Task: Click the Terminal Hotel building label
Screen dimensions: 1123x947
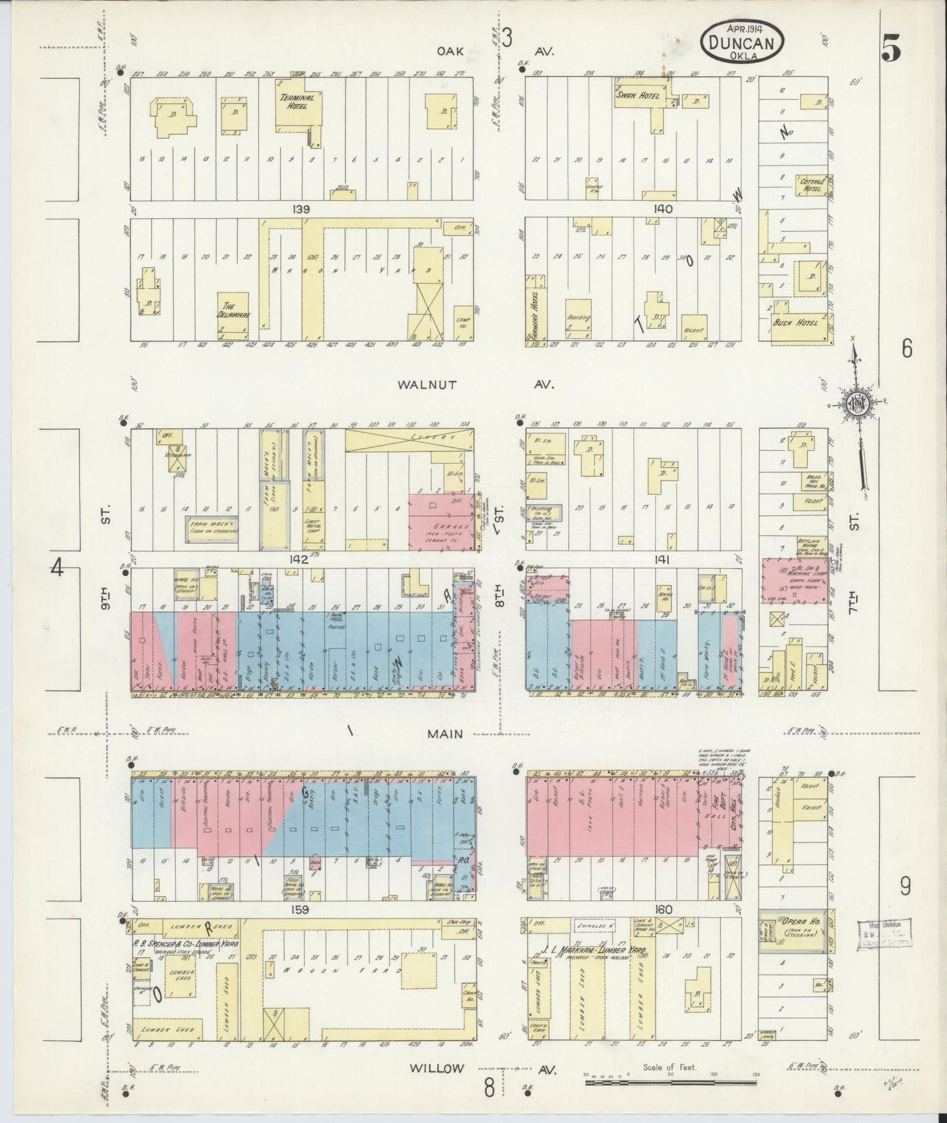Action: tap(297, 102)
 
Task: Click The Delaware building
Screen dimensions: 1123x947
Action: tap(233, 310)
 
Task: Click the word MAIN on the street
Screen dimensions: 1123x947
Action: tap(445, 734)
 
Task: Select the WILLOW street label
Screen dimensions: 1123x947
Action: tap(436, 1068)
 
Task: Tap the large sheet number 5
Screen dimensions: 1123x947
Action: tap(891, 48)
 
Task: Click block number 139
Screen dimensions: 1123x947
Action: tap(301, 209)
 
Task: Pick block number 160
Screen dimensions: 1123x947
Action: tap(663, 909)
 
